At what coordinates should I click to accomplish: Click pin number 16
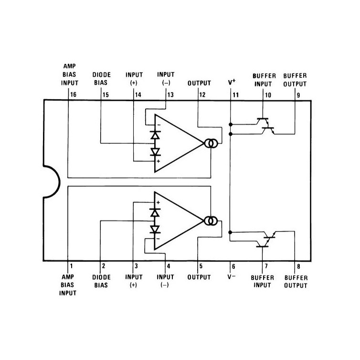[x=73, y=95]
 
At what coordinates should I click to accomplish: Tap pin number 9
[x=298, y=95]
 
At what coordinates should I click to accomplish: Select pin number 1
[x=72, y=266]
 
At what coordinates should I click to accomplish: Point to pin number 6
[x=233, y=266]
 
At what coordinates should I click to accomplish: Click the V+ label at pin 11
[x=232, y=82]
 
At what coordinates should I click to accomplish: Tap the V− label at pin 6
[x=232, y=276]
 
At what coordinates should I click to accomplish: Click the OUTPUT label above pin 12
[x=199, y=83]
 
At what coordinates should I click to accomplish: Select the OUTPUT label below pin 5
[x=199, y=277]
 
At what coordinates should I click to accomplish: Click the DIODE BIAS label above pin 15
[x=101, y=78]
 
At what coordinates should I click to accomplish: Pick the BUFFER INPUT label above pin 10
[x=264, y=80]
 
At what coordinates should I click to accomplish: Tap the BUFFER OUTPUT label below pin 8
[x=296, y=282]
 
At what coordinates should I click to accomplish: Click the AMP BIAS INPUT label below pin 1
[x=68, y=285]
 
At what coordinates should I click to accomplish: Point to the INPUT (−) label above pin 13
[x=166, y=78]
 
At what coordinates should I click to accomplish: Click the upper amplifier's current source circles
[x=211, y=144]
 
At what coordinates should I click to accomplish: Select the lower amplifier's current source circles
[x=211, y=221]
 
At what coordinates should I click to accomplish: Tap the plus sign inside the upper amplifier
[x=158, y=161]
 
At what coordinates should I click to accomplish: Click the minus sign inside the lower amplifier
[x=158, y=239]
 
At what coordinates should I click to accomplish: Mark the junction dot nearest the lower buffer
[x=230, y=233]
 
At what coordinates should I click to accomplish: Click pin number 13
[x=170, y=95]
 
